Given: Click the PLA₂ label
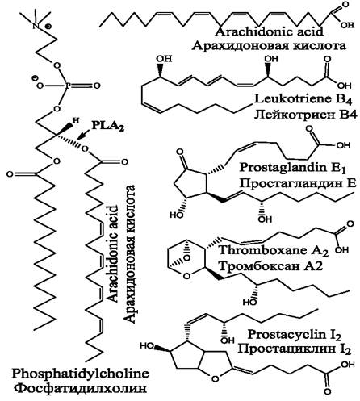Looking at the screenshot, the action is (x=108, y=126).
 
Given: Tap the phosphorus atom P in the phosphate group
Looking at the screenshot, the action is (x=67, y=86).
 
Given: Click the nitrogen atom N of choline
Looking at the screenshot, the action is (x=36, y=26).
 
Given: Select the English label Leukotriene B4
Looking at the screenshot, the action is (x=303, y=99).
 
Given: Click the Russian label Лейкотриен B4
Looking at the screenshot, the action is (x=306, y=115).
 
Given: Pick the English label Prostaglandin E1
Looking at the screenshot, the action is (x=292, y=168).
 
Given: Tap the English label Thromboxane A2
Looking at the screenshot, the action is (x=274, y=250).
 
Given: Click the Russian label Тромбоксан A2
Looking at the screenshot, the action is (x=270, y=266).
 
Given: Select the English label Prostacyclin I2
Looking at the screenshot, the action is (x=295, y=335).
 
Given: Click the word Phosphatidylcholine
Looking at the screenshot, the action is (x=80, y=374).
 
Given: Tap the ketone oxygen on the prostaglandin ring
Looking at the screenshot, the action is (x=180, y=152).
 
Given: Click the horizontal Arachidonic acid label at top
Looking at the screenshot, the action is (x=269, y=31).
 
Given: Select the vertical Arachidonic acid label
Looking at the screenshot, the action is (x=113, y=254).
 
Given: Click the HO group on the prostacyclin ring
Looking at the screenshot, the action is (x=147, y=345).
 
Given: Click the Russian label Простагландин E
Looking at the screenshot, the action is (x=298, y=184).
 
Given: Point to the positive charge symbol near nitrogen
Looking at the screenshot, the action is (x=49, y=27).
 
